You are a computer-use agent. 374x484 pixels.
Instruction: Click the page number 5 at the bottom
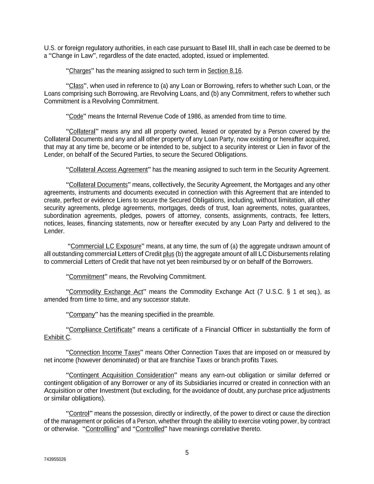187,452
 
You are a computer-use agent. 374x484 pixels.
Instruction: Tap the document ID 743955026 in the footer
55,459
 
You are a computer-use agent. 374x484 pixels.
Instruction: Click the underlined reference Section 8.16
224,71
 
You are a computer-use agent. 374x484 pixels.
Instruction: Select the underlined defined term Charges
80,71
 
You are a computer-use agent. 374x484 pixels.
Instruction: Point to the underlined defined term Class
76,86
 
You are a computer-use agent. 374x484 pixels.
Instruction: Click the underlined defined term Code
76,116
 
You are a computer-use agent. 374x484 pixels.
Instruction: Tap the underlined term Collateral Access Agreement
108,170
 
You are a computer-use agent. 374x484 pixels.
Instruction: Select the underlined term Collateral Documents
98,185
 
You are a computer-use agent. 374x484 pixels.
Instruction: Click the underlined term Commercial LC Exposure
106,246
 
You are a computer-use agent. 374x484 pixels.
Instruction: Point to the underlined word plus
168,254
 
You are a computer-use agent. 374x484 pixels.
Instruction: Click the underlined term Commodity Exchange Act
106,292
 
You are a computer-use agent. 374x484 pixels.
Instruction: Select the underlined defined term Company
82,315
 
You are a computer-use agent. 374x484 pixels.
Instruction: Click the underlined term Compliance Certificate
100,330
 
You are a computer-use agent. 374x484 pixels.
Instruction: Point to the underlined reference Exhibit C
57,338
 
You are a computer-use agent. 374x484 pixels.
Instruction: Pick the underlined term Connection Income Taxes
105,352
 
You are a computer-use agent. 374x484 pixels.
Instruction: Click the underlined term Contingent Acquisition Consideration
121,375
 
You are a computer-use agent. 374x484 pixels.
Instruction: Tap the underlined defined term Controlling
101,429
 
